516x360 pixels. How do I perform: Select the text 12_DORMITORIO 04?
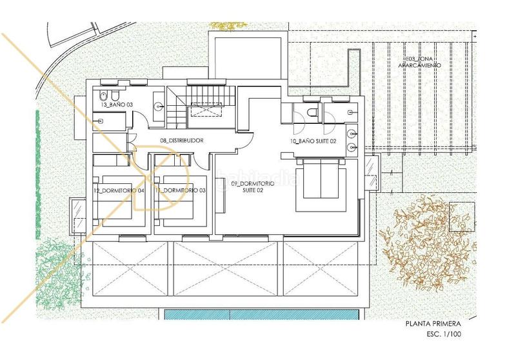click(x=119, y=190)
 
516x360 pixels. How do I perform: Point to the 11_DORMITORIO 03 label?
click(x=181, y=190)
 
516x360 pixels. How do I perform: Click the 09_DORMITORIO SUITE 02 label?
click(x=253, y=187)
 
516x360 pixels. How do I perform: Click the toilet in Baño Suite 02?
click(x=313, y=113)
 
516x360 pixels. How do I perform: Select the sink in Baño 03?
click(x=158, y=105)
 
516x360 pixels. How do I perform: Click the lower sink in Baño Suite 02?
click(x=352, y=148)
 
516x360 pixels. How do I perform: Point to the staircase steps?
click(x=175, y=106)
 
